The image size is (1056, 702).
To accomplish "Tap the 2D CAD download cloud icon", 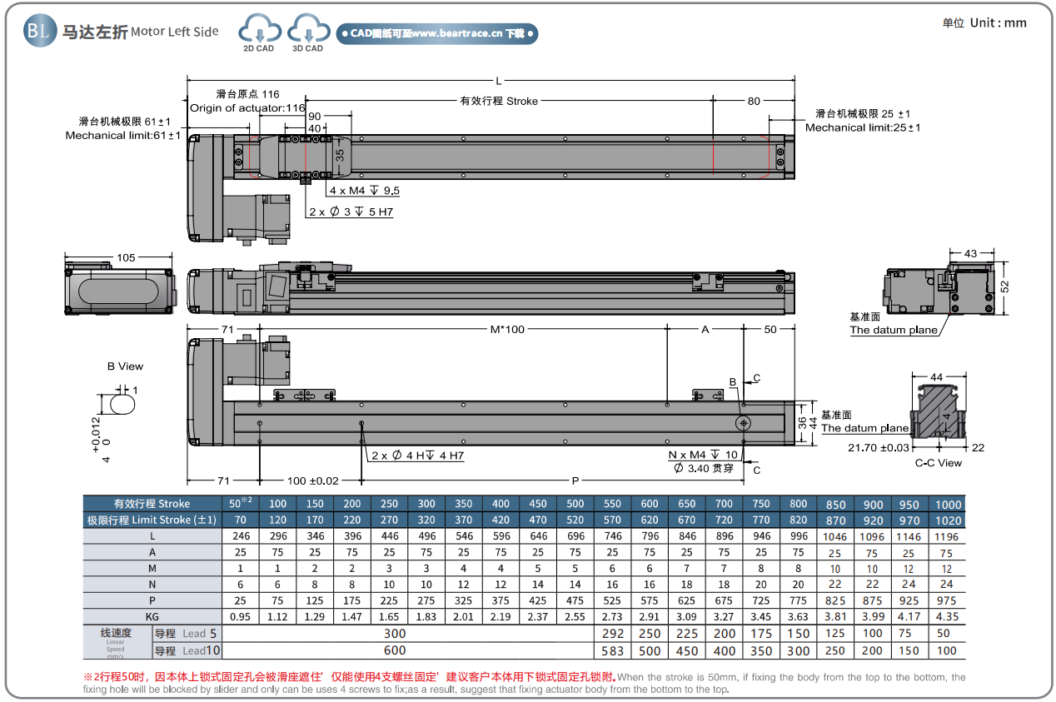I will pos(258,32).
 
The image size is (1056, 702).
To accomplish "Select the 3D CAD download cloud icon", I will pos(307,32).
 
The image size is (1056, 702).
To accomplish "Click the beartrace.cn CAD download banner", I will pos(437,33).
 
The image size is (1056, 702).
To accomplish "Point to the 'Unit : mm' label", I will pos(985,22).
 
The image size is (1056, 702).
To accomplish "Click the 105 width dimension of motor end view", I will pos(126,258).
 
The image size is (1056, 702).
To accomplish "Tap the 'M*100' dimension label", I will pos(507,329).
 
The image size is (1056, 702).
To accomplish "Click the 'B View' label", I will pos(125,366).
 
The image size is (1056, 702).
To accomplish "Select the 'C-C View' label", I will pos(939,463).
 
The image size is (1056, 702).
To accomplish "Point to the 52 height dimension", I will pos(1004,286).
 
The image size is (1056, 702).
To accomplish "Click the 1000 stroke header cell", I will pos(947,504).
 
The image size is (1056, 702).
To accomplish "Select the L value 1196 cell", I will pos(947,536).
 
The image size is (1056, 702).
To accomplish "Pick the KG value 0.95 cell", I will pos(241,617).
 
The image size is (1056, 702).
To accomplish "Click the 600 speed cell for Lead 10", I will pos(395,650).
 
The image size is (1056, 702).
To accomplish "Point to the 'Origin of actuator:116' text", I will pos(247,108).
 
